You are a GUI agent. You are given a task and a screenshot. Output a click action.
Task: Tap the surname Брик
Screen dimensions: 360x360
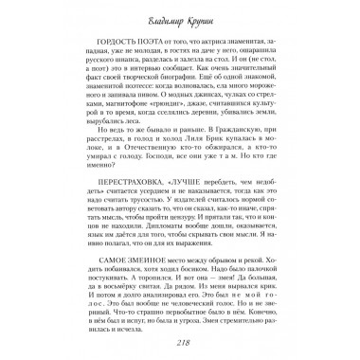209,140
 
